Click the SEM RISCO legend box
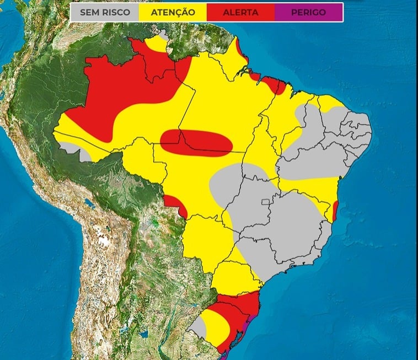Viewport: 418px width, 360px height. [x=104, y=12]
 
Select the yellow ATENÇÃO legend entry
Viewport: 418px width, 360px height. [x=172, y=12]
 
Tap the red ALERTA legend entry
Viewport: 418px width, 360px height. [x=240, y=12]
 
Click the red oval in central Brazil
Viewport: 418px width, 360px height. [x=196, y=142]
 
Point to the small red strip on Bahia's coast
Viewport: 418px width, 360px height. [x=336, y=211]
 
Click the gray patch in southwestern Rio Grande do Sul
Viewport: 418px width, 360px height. [x=198, y=329]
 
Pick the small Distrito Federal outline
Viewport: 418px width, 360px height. [x=268, y=201]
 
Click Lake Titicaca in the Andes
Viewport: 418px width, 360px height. [x=88, y=205]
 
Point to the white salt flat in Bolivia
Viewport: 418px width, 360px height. [x=102, y=240]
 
